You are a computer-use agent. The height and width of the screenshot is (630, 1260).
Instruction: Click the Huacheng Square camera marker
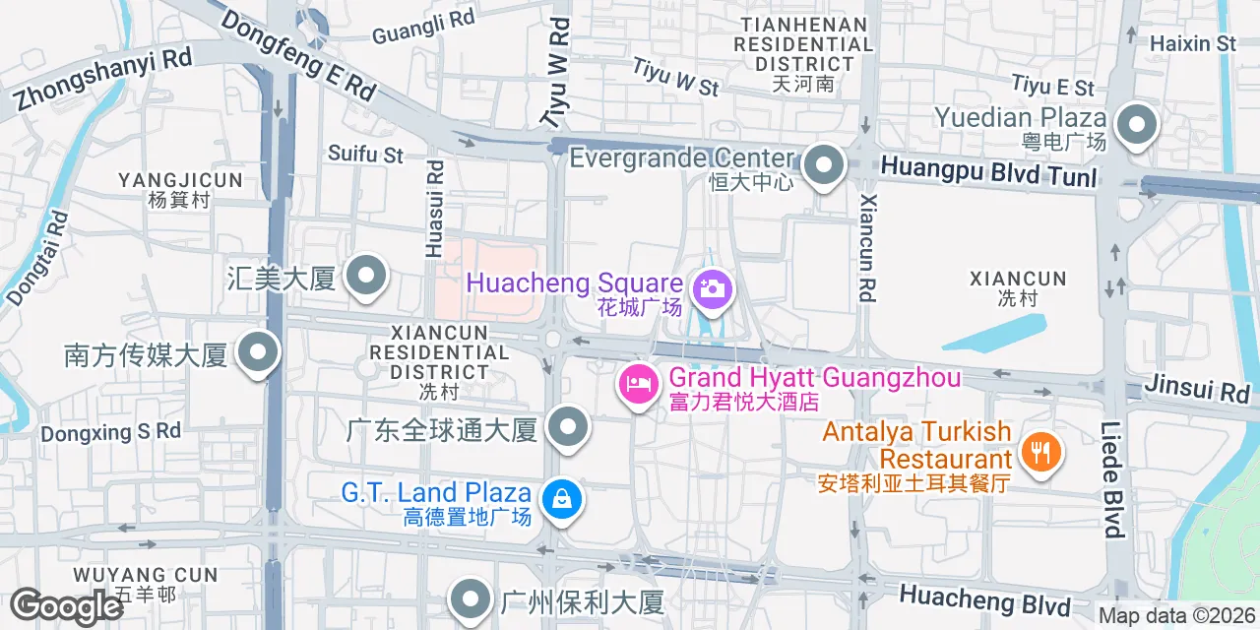pos(710,288)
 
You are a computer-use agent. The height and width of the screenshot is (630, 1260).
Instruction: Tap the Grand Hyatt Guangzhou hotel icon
pos(637,383)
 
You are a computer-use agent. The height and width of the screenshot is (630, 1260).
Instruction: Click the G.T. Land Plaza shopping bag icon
pos(562,499)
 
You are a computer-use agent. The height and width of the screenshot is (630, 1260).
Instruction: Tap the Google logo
pos(66,606)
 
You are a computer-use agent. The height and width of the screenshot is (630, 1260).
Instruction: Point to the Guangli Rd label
pos(423,27)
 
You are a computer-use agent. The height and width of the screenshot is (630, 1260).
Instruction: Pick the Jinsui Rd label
pos(1197,389)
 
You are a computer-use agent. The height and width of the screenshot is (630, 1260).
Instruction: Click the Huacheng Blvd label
pos(984,597)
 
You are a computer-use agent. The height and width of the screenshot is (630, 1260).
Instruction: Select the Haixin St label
pos(1193,43)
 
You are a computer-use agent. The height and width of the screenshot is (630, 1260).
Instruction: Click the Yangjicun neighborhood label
pos(180,180)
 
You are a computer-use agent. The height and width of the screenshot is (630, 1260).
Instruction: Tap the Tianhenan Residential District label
pos(803,44)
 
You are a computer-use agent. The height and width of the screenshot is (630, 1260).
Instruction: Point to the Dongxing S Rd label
pos(111,431)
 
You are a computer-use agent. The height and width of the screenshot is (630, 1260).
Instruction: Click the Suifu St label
pos(365,154)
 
